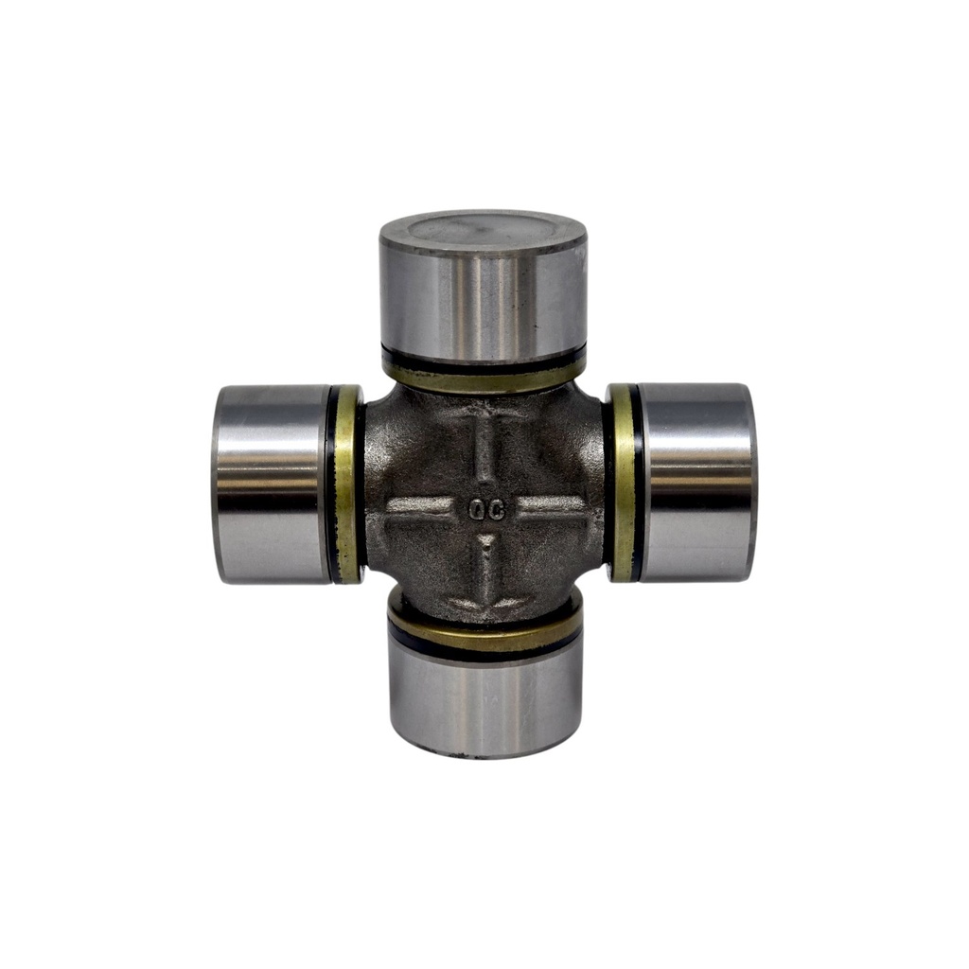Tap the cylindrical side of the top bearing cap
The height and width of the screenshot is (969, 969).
[x=484, y=303]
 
